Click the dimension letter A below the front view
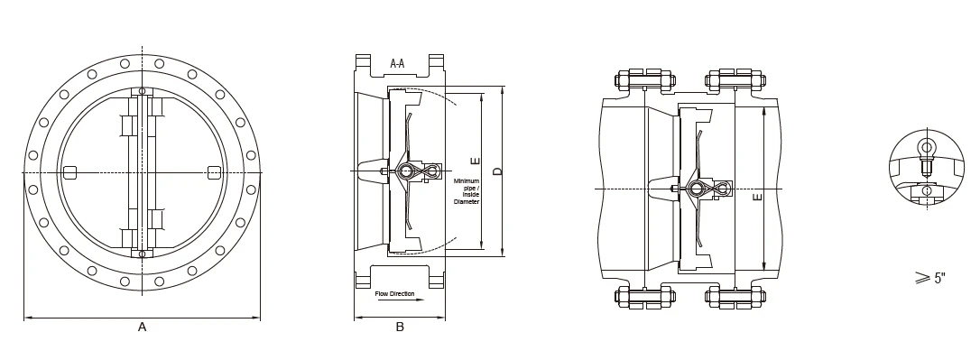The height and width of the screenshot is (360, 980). (x=142, y=327)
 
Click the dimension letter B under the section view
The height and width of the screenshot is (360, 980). (x=400, y=327)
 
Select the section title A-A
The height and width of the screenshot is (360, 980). (x=397, y=63)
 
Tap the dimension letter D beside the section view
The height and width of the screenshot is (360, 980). (x=497, y=171)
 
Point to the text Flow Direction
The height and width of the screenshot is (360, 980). (x=394, y=294)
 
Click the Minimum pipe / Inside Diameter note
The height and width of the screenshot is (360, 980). (x=467, y=191)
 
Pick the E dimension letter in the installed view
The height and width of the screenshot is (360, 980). (x=757, y=198)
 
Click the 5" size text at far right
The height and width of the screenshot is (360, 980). (x=939, y=279)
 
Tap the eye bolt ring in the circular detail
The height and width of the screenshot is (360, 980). (x=925, y=148)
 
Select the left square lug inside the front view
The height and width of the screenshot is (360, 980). (x=69, y=171)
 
